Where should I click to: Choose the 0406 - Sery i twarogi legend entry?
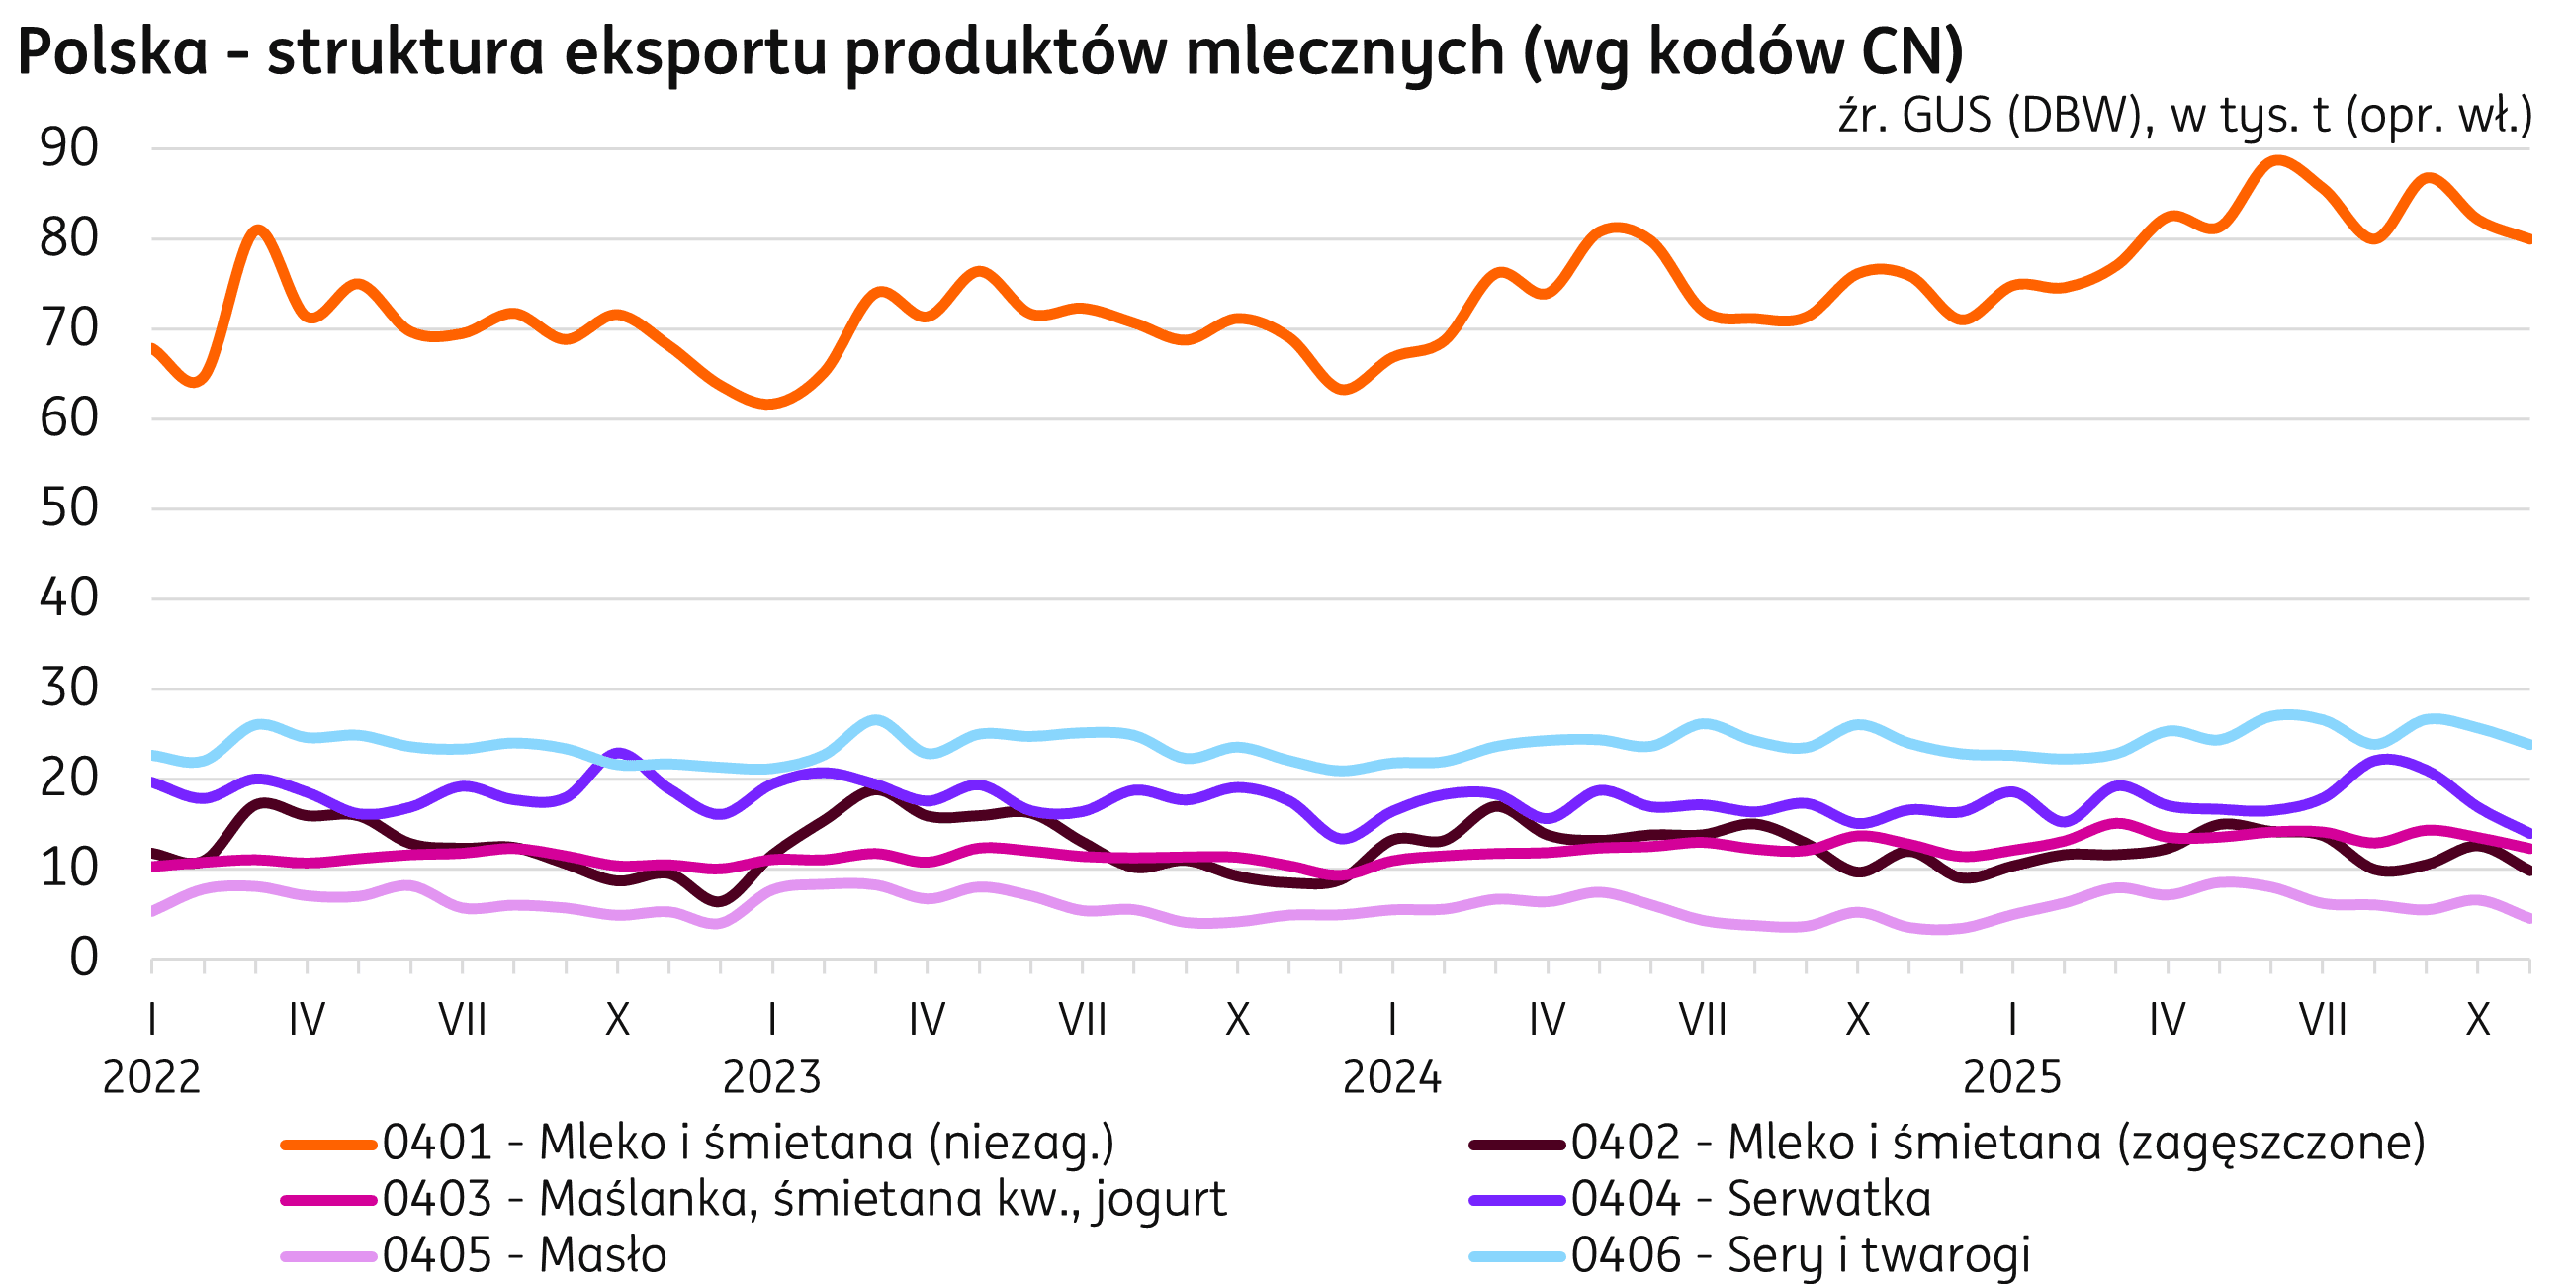point(1801,1255)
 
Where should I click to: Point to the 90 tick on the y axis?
point(70,149)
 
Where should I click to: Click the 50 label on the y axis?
point(70,509)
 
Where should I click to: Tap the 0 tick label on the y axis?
point(84,959)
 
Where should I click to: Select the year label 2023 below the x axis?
point(771,1078)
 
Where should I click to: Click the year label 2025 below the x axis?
point(2011,1078)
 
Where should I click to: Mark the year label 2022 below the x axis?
point(151,1078)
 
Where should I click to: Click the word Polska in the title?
point(113,51)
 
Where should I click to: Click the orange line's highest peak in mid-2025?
point(2277,159)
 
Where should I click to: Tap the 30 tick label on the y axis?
point(70,689)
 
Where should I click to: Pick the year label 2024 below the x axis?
point(1391,1078)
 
